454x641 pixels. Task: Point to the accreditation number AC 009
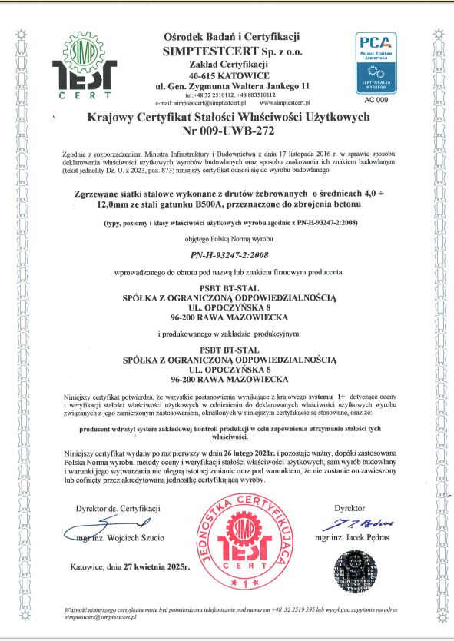click(376, 100)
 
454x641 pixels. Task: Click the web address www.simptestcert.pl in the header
click(285, 102)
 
